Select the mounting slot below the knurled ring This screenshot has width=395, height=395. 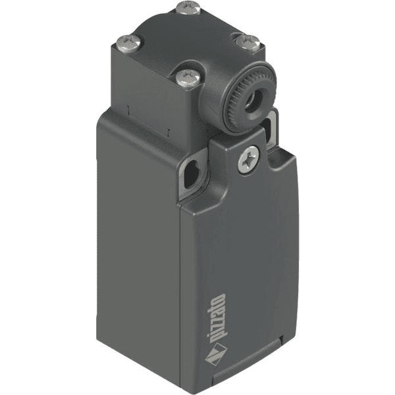click(x=272, y=124)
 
